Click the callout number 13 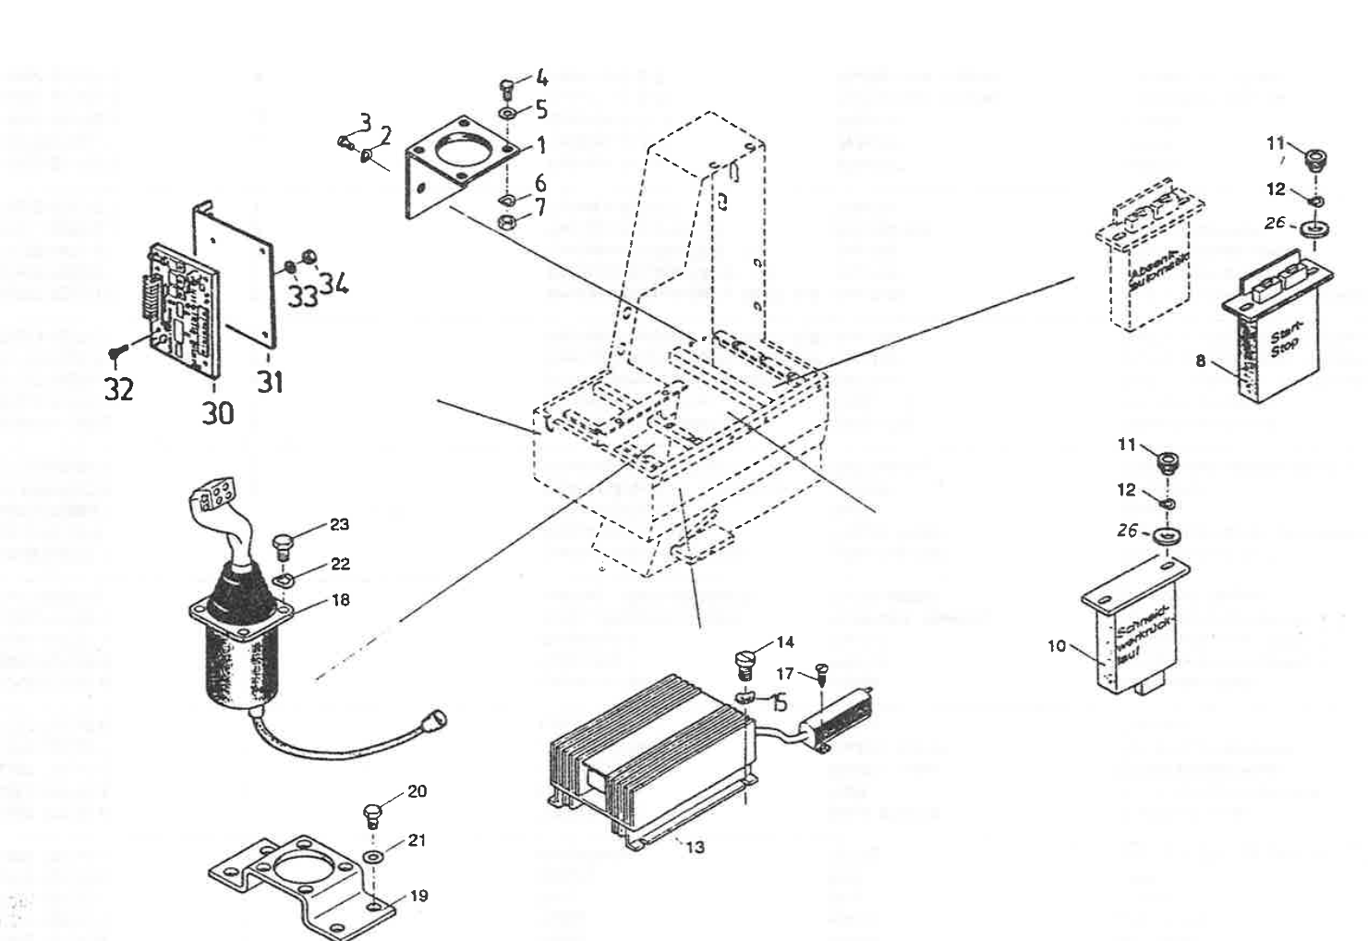[696, 846]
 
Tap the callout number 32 [118, 389]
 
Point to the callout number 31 [269, 381]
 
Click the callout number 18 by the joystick [340, 600]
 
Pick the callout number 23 [339, 525]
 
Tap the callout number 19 [418, 896]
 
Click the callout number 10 [1057, 646]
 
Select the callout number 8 [1201, 361]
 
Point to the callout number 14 [784, 642]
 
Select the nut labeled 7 [506, 222]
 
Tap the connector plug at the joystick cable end [432, 717]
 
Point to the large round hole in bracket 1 [461, 148]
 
